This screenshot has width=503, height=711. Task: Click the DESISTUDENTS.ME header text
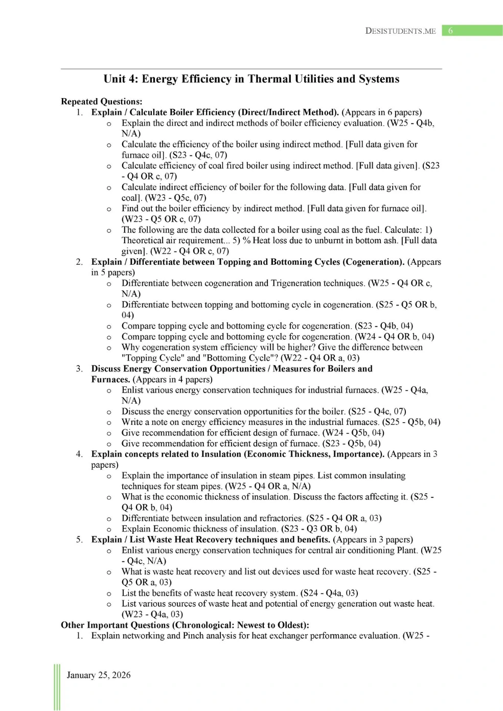(400, 31)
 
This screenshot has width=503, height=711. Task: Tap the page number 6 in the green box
(450, 31)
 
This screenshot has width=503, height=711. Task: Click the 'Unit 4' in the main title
(120, 79)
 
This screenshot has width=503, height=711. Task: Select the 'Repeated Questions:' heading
(101, 101)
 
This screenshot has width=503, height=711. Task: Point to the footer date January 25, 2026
(99, 675)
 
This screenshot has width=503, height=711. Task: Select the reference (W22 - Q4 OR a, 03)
(320, 358)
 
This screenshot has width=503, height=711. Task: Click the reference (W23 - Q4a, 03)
(152, 614)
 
